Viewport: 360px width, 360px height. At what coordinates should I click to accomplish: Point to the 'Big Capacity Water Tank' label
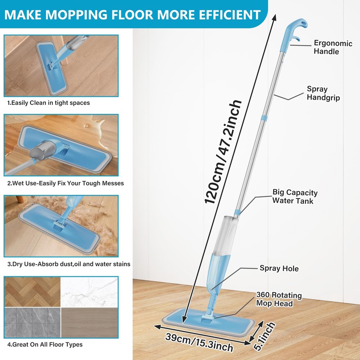(295, 197)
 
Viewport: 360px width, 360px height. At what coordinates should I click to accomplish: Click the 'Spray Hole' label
(279, 269)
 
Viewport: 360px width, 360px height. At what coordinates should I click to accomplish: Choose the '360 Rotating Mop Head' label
(279, 299)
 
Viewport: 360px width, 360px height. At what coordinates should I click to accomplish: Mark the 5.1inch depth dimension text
(264, 333)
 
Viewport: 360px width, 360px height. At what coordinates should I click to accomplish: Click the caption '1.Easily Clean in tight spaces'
(48, 103)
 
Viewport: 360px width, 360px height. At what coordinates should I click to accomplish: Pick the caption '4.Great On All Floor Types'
(45, 345)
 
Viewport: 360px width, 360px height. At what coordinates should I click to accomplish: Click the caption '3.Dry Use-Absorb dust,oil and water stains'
(68, 264)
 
